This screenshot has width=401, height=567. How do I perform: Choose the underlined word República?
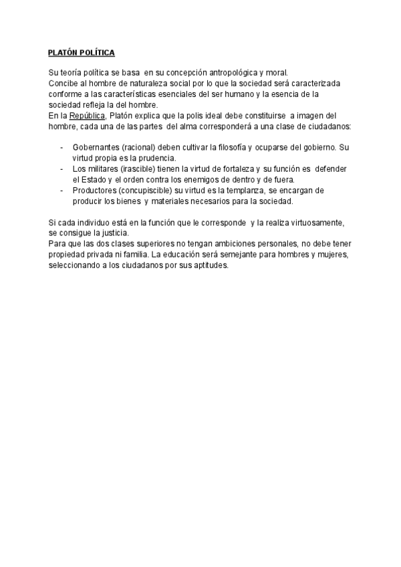coord(87,116)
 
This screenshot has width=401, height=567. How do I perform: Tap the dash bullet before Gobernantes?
coord(62,147)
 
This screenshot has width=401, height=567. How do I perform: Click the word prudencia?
coord(156,158)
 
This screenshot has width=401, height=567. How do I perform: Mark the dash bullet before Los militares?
coord(62,169)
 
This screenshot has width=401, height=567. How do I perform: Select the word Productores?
coord(95,191)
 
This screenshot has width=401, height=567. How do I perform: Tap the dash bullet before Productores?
coord(62,191)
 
